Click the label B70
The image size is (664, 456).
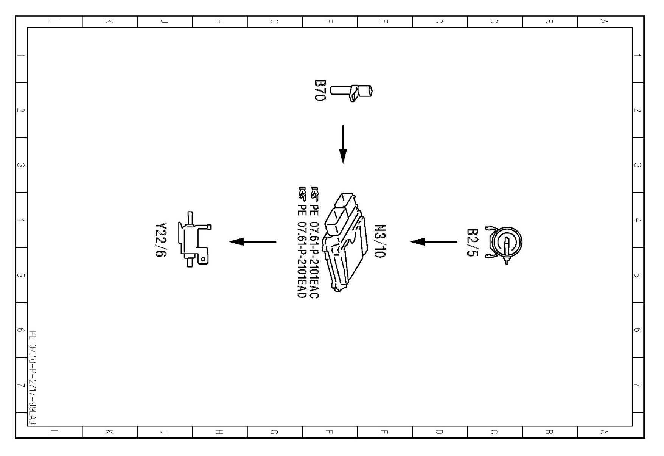click(320, 90)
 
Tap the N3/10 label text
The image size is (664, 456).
click(379, 241)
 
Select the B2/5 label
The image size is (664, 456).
click(473, 242)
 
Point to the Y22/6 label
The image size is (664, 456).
click(161, 240)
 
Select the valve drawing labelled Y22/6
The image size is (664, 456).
click(195, 240)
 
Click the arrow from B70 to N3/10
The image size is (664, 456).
click(343, 145)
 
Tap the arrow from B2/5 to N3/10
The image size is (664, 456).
click(434, 241)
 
